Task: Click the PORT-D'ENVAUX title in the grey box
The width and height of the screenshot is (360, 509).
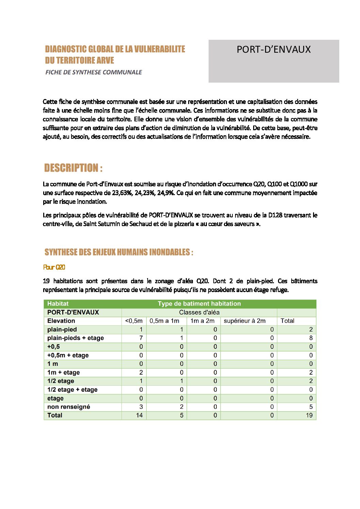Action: [x=274, y=50]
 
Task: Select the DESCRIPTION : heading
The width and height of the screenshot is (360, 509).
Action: [x=73, y=168]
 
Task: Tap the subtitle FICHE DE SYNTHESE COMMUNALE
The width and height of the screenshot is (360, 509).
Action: [x=94, y=72]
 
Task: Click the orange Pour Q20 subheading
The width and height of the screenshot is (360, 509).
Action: [x=54, y=267]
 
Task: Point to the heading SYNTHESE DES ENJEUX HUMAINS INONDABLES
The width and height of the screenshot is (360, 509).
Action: [x=119, y=252]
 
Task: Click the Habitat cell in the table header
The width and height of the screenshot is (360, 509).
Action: [x=58, y=304]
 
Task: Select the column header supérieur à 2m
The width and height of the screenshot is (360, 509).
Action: [x=244, y=321]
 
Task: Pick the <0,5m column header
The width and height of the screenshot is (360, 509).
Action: [x=134, y=321]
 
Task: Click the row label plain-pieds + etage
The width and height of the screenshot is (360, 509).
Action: [x=76, y=338]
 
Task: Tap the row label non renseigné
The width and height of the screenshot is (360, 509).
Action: [x=69, y=407]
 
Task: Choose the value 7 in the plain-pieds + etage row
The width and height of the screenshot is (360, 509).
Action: [x=141, y=338]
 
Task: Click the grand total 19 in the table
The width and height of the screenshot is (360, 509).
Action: [x=309, y=415]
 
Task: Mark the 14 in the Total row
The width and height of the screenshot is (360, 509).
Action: [x=139, y=415]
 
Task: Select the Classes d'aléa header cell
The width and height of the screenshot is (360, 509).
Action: [x=199, y=312]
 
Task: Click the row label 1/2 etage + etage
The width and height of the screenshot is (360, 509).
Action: [x=72, y=390]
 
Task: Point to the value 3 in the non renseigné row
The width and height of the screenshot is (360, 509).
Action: [x=141, y=407]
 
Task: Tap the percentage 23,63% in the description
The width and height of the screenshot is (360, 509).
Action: [x=122, y=193]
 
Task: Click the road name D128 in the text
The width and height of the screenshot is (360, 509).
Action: [x=275, y=215]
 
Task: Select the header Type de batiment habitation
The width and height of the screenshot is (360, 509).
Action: [x=199, y=304]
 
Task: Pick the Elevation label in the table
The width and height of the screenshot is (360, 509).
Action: [x=61, y=321]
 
